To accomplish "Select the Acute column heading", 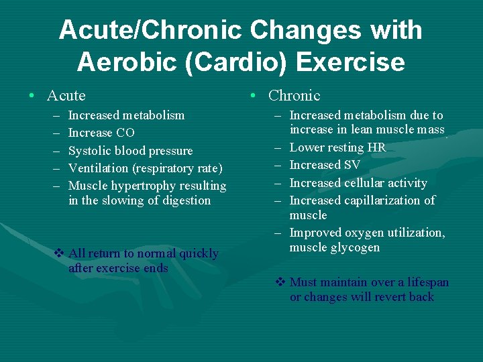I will coord(66,96).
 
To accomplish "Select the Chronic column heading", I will coord(294,96).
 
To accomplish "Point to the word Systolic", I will coord(91,151).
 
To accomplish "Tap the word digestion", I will coord(183,200).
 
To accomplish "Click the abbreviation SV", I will coord(352,165).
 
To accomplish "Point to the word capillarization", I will coord(384,200).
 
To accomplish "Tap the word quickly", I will coord(199,253).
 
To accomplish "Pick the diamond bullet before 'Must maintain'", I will coord(280,282).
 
